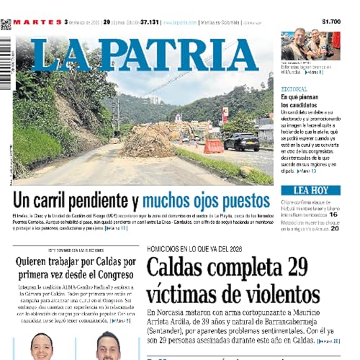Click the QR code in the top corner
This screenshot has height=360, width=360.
point(6,24)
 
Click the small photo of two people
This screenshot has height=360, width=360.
point(305,44)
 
